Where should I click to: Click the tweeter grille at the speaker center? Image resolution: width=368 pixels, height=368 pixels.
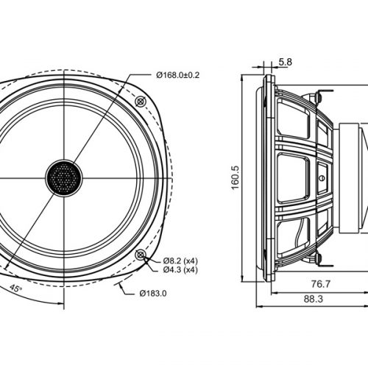pyautogui.click(x=65, y=177)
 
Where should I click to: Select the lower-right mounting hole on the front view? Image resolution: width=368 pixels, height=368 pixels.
pyautogui.click(x=141, y=254)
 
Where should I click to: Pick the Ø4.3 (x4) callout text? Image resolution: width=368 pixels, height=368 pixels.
pyautogui.click(x=178, y=270)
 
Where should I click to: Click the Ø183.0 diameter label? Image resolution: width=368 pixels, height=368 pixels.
pyautogui.click(x=152, y=293)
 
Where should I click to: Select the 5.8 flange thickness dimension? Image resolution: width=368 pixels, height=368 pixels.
pyautogui.click(x=285, y=63)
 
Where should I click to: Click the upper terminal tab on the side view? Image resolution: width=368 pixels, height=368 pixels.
pyautogui.click(x=318, y=96)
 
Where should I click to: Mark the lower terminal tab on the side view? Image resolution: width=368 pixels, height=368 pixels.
pyautogui.click(x=318, y=257)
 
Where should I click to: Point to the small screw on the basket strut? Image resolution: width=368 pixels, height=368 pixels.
pyautogui.click(x=322, y=177)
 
